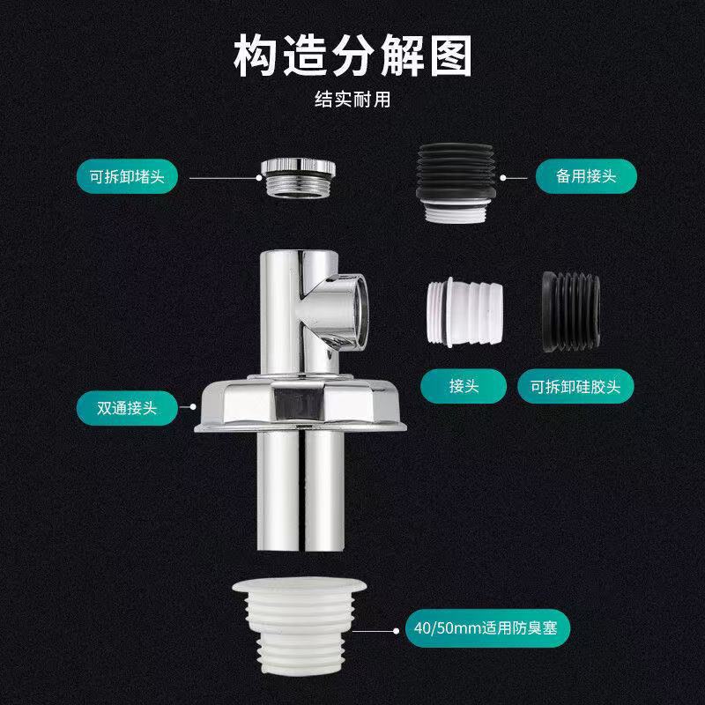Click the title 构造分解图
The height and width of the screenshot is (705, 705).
click(352, 56)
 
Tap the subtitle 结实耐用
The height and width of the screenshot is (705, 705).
click(352, 100)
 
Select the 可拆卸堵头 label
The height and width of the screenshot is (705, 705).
click(127, 176)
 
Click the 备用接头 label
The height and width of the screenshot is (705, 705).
click(586, 176)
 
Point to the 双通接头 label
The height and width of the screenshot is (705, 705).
click(127, 408)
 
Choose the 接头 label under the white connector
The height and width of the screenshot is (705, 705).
click(464, 386)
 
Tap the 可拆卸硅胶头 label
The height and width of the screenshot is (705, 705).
click(575, 386)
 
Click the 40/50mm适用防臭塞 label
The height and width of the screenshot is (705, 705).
click(486, 627)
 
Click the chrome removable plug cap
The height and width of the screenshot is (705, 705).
click(298, 177)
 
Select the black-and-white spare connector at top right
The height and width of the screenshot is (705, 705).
click(456, 183)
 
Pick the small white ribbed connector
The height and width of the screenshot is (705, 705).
click(464, 312)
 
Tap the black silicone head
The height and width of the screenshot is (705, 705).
click(571, 312)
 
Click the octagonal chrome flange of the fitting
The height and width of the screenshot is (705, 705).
click(301, 404)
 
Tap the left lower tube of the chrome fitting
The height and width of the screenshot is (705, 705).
click(278, 490)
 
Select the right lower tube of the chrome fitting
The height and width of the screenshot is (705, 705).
click(324, 490)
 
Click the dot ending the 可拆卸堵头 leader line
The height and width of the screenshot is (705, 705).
click(258, 178)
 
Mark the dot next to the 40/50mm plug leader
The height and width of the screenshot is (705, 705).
click(396, 631)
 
